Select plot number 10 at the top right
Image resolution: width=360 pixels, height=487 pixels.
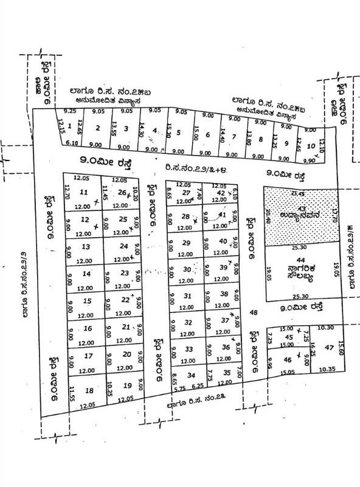pos(311,147)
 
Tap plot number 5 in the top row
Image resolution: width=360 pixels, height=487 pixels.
pos(178,132)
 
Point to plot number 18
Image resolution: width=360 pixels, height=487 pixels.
pos(89,391)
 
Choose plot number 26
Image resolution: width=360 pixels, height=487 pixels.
pos(122,193)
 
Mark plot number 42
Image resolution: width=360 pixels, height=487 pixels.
pos(221,193)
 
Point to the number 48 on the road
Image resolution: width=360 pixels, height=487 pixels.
pos(254,313)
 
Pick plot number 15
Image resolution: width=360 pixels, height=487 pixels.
pos(87,301)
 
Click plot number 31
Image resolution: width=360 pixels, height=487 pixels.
pos(187,296)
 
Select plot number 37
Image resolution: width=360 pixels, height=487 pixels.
pos(224,320)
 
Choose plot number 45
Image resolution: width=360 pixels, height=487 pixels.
pos(289,338)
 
